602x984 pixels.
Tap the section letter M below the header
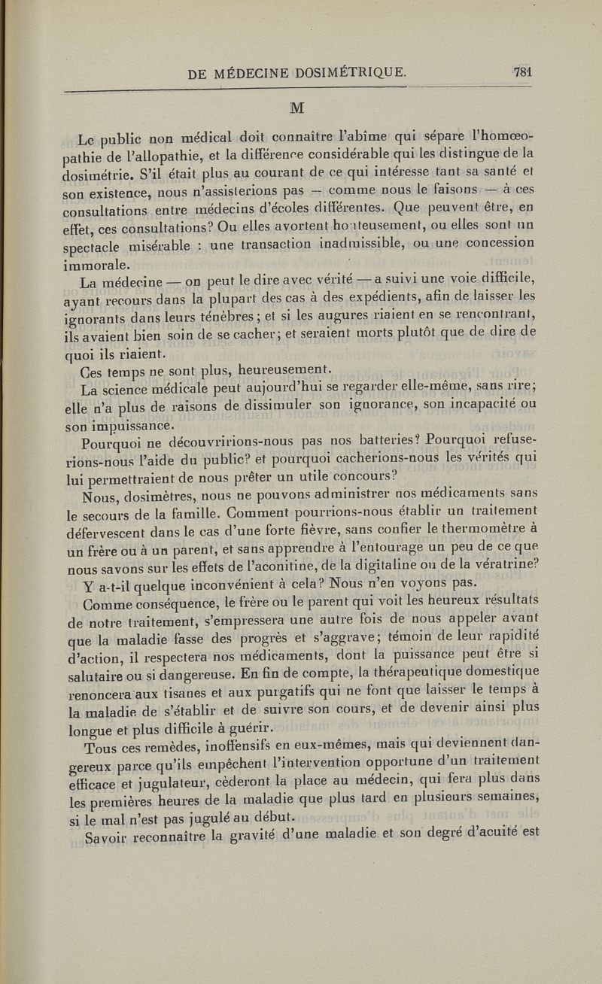pos(297,108)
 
